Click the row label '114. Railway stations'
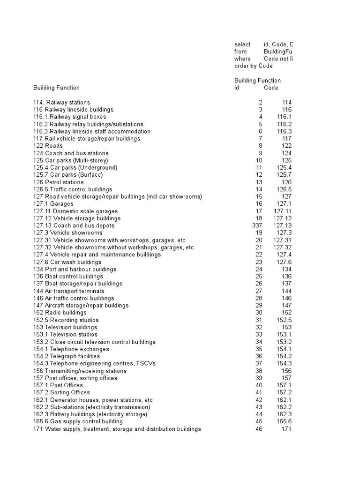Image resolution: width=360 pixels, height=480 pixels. tap(61, 102)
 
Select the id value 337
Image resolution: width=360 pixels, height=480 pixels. tap(257, 225)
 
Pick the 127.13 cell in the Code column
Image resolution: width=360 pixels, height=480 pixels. tap(282, 225)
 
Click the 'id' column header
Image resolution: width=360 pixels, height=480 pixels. tap(237, 88)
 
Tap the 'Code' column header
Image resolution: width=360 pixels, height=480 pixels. tap(271, 88)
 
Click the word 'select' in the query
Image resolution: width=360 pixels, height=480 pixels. tap(242, 44)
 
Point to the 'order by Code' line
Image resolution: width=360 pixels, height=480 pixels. tap(253, 66)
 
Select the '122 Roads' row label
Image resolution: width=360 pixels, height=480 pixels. tap(48, 146)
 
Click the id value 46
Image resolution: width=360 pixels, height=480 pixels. tap(259, 429)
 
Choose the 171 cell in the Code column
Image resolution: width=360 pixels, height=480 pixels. tap(285, 429)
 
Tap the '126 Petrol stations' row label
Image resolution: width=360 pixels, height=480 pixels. tap(59, 182)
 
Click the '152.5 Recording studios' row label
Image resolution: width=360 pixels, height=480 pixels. tap(66, 320)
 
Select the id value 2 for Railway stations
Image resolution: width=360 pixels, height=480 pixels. tap(261, 102)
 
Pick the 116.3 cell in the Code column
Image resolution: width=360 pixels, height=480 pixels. tap(284, 131)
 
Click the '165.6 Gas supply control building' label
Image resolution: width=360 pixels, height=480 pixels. tap(78, 421)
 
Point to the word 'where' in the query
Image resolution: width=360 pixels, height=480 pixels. tap(242, 59)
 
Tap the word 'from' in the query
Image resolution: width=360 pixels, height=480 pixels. tap(240, 52)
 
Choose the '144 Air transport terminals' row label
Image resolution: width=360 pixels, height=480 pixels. tap(68, 291)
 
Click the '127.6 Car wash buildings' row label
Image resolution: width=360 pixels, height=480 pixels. tap(67, 262)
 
